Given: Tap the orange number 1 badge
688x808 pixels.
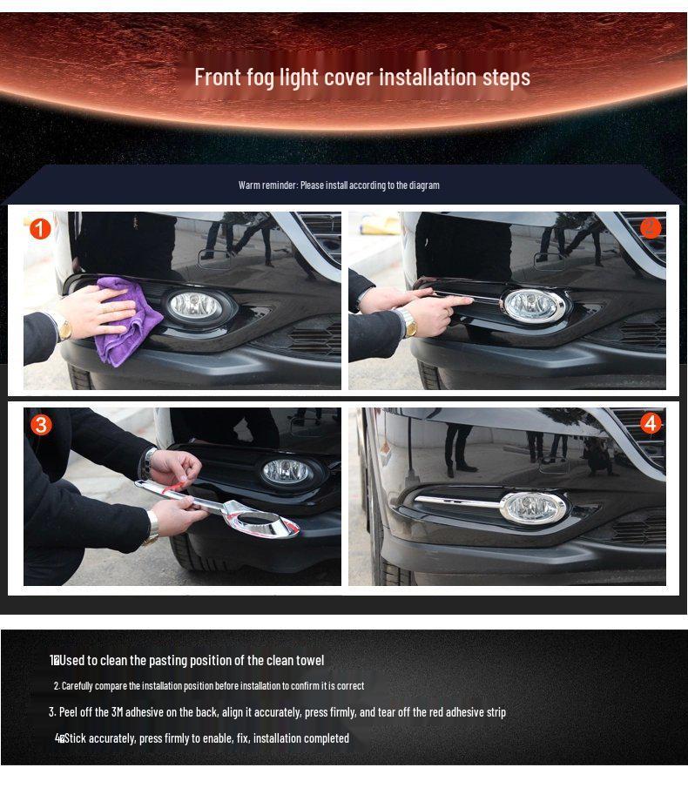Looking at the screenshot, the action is (x=40, y=229).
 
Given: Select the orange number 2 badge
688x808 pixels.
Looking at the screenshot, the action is (x=651, y=228).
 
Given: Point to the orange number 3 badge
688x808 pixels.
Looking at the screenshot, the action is (x=41, y=425).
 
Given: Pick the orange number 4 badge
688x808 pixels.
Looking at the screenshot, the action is (x=651, y=423).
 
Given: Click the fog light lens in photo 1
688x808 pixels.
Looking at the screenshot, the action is (x=196, y=306).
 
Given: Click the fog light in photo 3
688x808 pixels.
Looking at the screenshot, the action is (x=287, y=471).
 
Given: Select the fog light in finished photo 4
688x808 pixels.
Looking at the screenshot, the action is (x=533, y=507).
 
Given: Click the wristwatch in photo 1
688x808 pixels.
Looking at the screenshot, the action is (x=64, y=326).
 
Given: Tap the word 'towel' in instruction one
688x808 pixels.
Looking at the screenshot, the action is (x=310, y=660).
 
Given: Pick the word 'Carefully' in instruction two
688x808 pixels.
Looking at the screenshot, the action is (x=78, y=686).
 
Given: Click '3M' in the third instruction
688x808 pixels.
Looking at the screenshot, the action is (x=117, y=712).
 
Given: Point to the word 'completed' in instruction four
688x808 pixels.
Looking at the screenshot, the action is (x=327, y=738).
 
